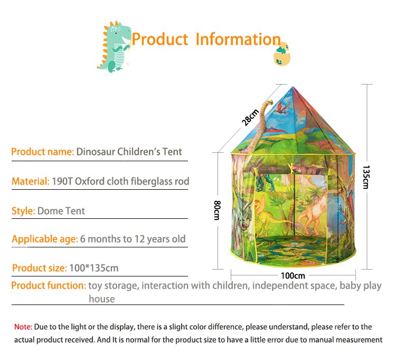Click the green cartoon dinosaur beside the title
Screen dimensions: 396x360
pos(114,47)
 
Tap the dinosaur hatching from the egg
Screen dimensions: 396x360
pos(282,54)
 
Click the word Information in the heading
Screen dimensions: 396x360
pos(238,39)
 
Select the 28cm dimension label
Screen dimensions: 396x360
pos(250,117)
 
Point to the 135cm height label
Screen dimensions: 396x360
pos(366,177)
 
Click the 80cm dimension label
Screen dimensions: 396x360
pos(217,210)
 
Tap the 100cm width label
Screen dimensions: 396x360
pos(293,275)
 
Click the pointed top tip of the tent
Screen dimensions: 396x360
pos(293,87)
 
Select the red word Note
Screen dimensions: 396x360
pos(23,327)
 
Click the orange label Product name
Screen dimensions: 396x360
pos(43,152)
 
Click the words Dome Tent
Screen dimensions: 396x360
pos(61,211)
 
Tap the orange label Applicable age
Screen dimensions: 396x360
pos(45,239)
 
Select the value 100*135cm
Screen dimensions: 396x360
pos(94,268)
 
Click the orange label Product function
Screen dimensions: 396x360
pos(49,285)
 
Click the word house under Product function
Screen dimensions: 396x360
pos(102,299)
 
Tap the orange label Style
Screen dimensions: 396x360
pos(23,211)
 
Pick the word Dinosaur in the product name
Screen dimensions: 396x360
pos(96,152)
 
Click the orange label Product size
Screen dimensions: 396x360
pos(40,268)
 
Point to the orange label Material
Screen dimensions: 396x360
pos(31,181)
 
